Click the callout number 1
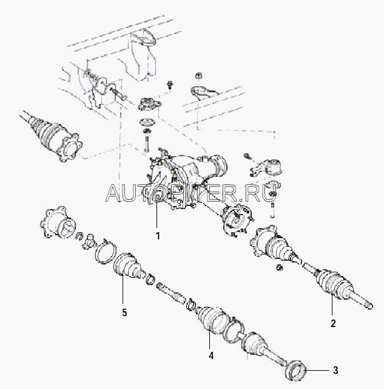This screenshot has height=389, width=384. point(158,236)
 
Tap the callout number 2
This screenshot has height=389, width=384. point(333,323)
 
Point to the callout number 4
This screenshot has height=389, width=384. point(211,356)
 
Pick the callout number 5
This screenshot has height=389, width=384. point(124,312)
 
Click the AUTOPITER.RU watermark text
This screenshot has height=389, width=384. point(190,193)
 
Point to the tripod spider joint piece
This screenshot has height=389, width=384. point(89,241)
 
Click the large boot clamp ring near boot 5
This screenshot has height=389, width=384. point(105,251)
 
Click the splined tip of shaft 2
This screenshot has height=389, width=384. point(369,305)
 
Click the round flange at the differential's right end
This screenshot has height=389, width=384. point(236,218)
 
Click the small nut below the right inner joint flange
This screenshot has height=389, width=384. point(280,267)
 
